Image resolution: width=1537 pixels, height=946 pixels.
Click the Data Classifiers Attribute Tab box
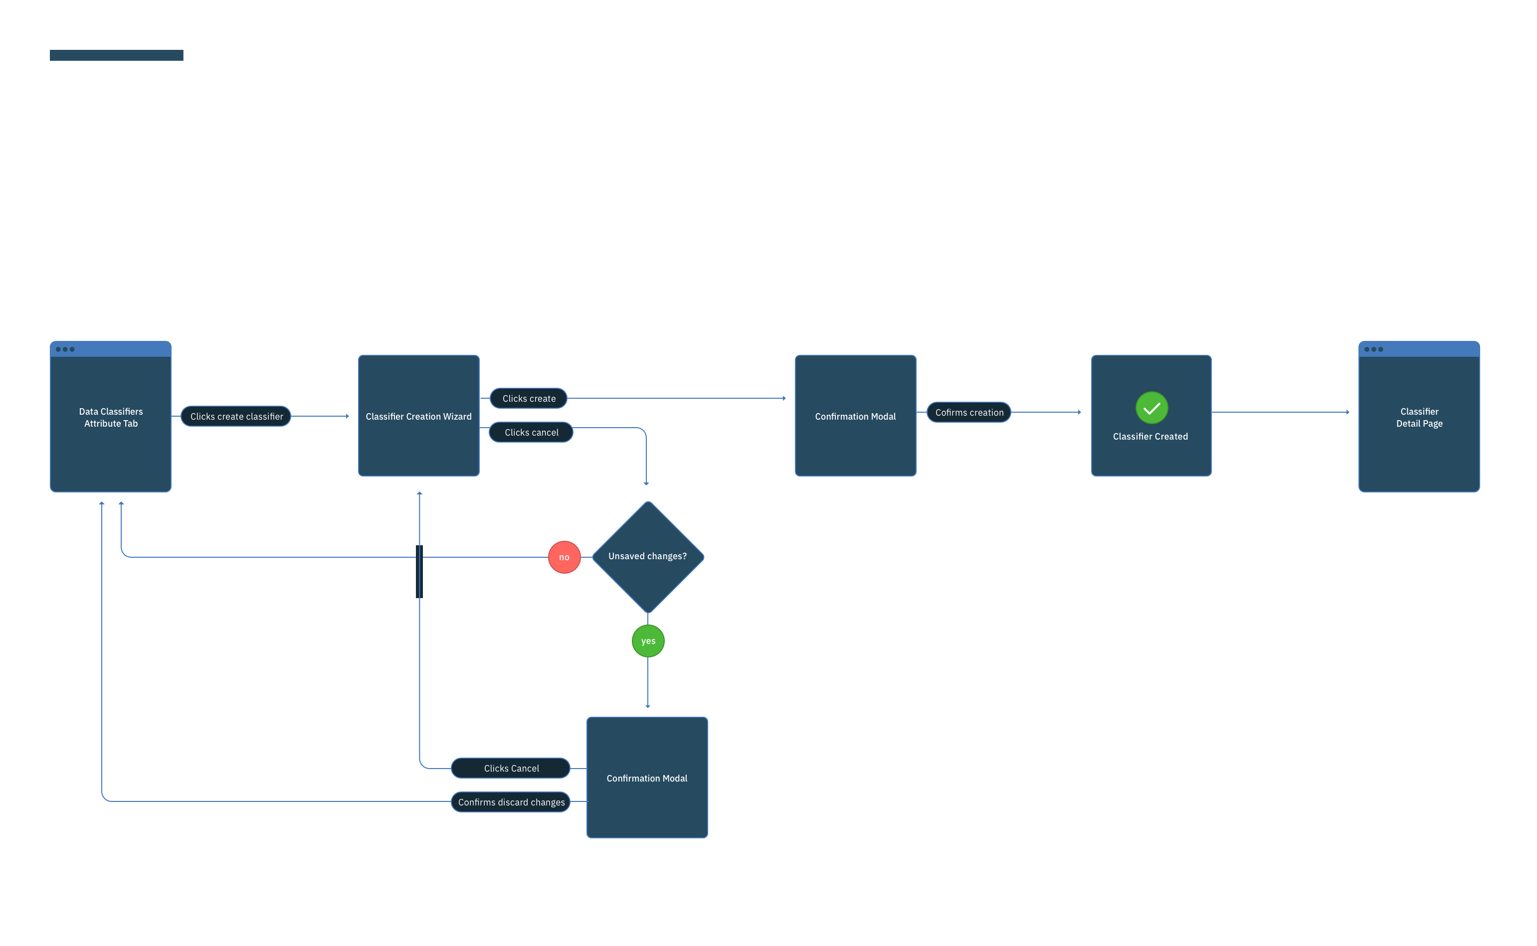click(111, 417)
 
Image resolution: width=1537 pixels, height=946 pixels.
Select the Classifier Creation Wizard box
click(419, 416)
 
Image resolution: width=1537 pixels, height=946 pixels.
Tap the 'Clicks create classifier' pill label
click(236, 417)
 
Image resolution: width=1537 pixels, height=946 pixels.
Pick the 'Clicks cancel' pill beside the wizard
click(531, 432)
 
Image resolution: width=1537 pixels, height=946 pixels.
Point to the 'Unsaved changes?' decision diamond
click(648, 557)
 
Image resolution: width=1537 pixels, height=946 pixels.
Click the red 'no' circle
click(565, 557)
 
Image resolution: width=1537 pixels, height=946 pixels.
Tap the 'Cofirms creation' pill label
click(969, 412)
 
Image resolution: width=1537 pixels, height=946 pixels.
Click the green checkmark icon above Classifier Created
click(1152, 408)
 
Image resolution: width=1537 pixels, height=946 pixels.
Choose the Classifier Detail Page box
click(1419, 417)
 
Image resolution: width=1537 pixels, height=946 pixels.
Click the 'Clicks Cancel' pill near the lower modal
click(511, 768)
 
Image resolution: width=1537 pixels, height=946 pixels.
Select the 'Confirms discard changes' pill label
click(511, 802)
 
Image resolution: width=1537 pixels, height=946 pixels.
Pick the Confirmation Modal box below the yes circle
click(647, 778)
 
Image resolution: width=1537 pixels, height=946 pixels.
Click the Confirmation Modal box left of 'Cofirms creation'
click(855, 416)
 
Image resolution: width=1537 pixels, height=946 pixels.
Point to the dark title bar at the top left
click(116, 55)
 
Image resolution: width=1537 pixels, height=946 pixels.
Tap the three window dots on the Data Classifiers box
click(65, 349)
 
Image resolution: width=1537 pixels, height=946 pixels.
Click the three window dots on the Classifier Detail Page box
click(1373, 349)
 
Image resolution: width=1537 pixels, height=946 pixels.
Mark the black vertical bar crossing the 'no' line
click(419, 572)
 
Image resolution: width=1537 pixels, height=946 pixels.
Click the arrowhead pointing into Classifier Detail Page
click(1347, 412)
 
